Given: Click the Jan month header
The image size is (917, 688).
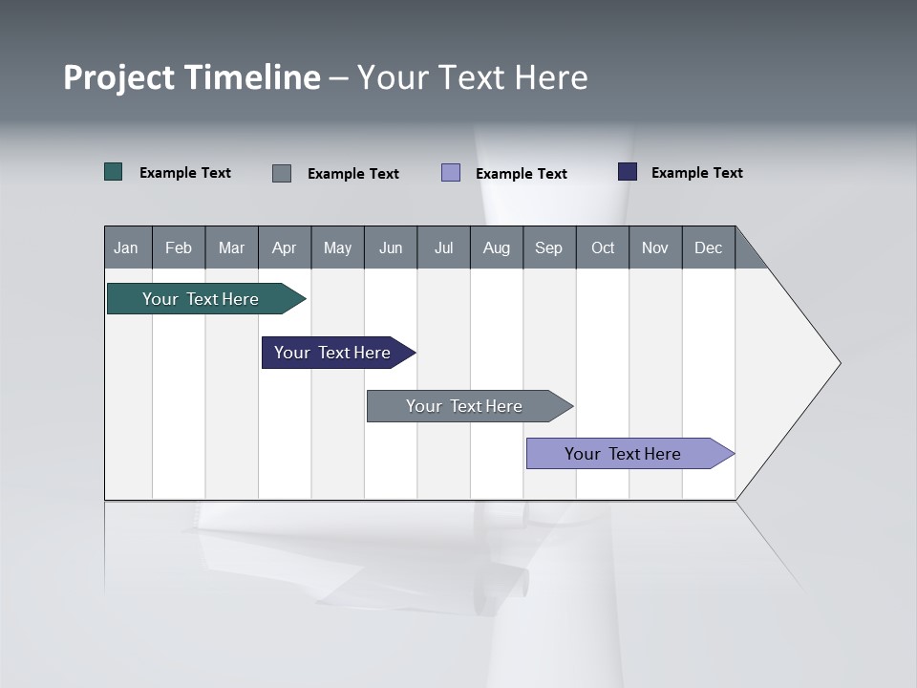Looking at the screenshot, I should click(127, 247).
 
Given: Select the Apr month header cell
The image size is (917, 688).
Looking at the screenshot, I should click(284, 247).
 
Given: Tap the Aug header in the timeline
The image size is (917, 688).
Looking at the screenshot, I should click(496, 247).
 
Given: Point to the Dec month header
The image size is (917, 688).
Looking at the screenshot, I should click(708, 247).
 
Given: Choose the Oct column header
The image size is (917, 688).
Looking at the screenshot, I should click(602, 247).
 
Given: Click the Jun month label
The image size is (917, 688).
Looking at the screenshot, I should click(390, 247).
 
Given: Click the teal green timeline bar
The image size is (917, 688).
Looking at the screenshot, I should click(201, 299).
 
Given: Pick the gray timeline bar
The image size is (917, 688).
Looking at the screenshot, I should click(464, 406).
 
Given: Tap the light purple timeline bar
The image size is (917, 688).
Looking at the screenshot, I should click(623, 454).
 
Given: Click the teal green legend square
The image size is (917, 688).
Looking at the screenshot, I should click(113, 172).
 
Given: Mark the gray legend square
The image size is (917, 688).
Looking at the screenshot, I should click(282, 173).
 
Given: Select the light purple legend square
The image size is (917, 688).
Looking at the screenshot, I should click(451, 173).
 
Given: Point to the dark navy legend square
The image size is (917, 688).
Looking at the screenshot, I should click(627, 172).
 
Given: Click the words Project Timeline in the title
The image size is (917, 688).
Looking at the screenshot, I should click(192, 77).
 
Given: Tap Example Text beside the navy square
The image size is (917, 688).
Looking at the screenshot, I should click(696, 173).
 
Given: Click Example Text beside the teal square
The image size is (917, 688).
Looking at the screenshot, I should click(185, 173).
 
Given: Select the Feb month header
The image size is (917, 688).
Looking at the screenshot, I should click(179, 247).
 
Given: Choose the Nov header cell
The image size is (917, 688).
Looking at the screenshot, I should click(654, 247).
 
